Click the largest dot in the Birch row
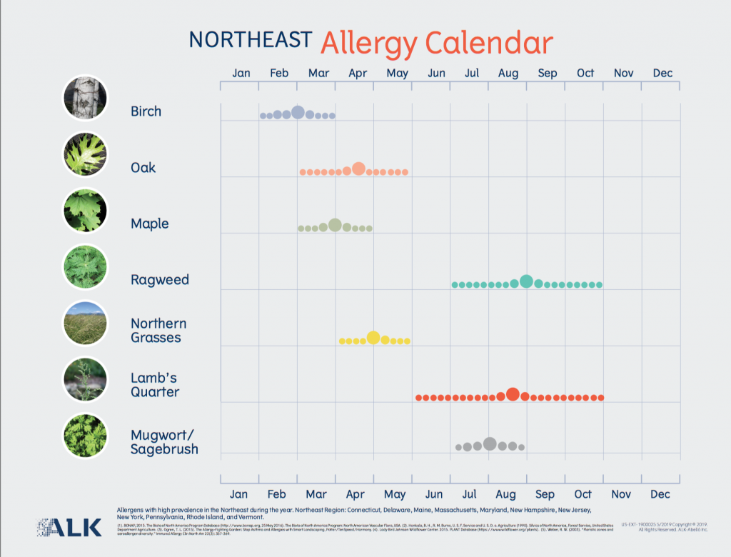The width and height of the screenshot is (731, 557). (298, 112)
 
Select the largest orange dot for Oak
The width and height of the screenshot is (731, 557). (358, 169)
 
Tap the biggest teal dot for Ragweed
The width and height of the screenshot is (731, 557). (526, 281)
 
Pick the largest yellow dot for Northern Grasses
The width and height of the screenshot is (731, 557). (373, 338)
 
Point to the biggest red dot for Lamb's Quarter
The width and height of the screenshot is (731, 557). (512, 394)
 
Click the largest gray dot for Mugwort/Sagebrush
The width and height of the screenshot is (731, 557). (490, 443)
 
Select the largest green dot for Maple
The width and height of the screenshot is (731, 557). (335, 225)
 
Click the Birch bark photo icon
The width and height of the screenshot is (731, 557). (85, 98)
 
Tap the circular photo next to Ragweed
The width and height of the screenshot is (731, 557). (85, 267)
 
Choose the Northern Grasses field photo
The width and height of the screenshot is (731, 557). (85, 323)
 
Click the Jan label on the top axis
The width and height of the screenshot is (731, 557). (241, 73)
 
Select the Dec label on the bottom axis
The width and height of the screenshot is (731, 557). (660, 494)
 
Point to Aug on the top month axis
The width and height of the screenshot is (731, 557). (508, 73)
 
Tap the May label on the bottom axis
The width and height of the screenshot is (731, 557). (395, 494)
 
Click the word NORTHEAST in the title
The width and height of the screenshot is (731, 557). (250, 40)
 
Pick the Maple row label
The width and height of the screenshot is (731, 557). (150, 224)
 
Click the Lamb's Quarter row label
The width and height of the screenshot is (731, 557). (155, 385)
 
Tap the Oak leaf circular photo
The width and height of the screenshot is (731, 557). (85, 154)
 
